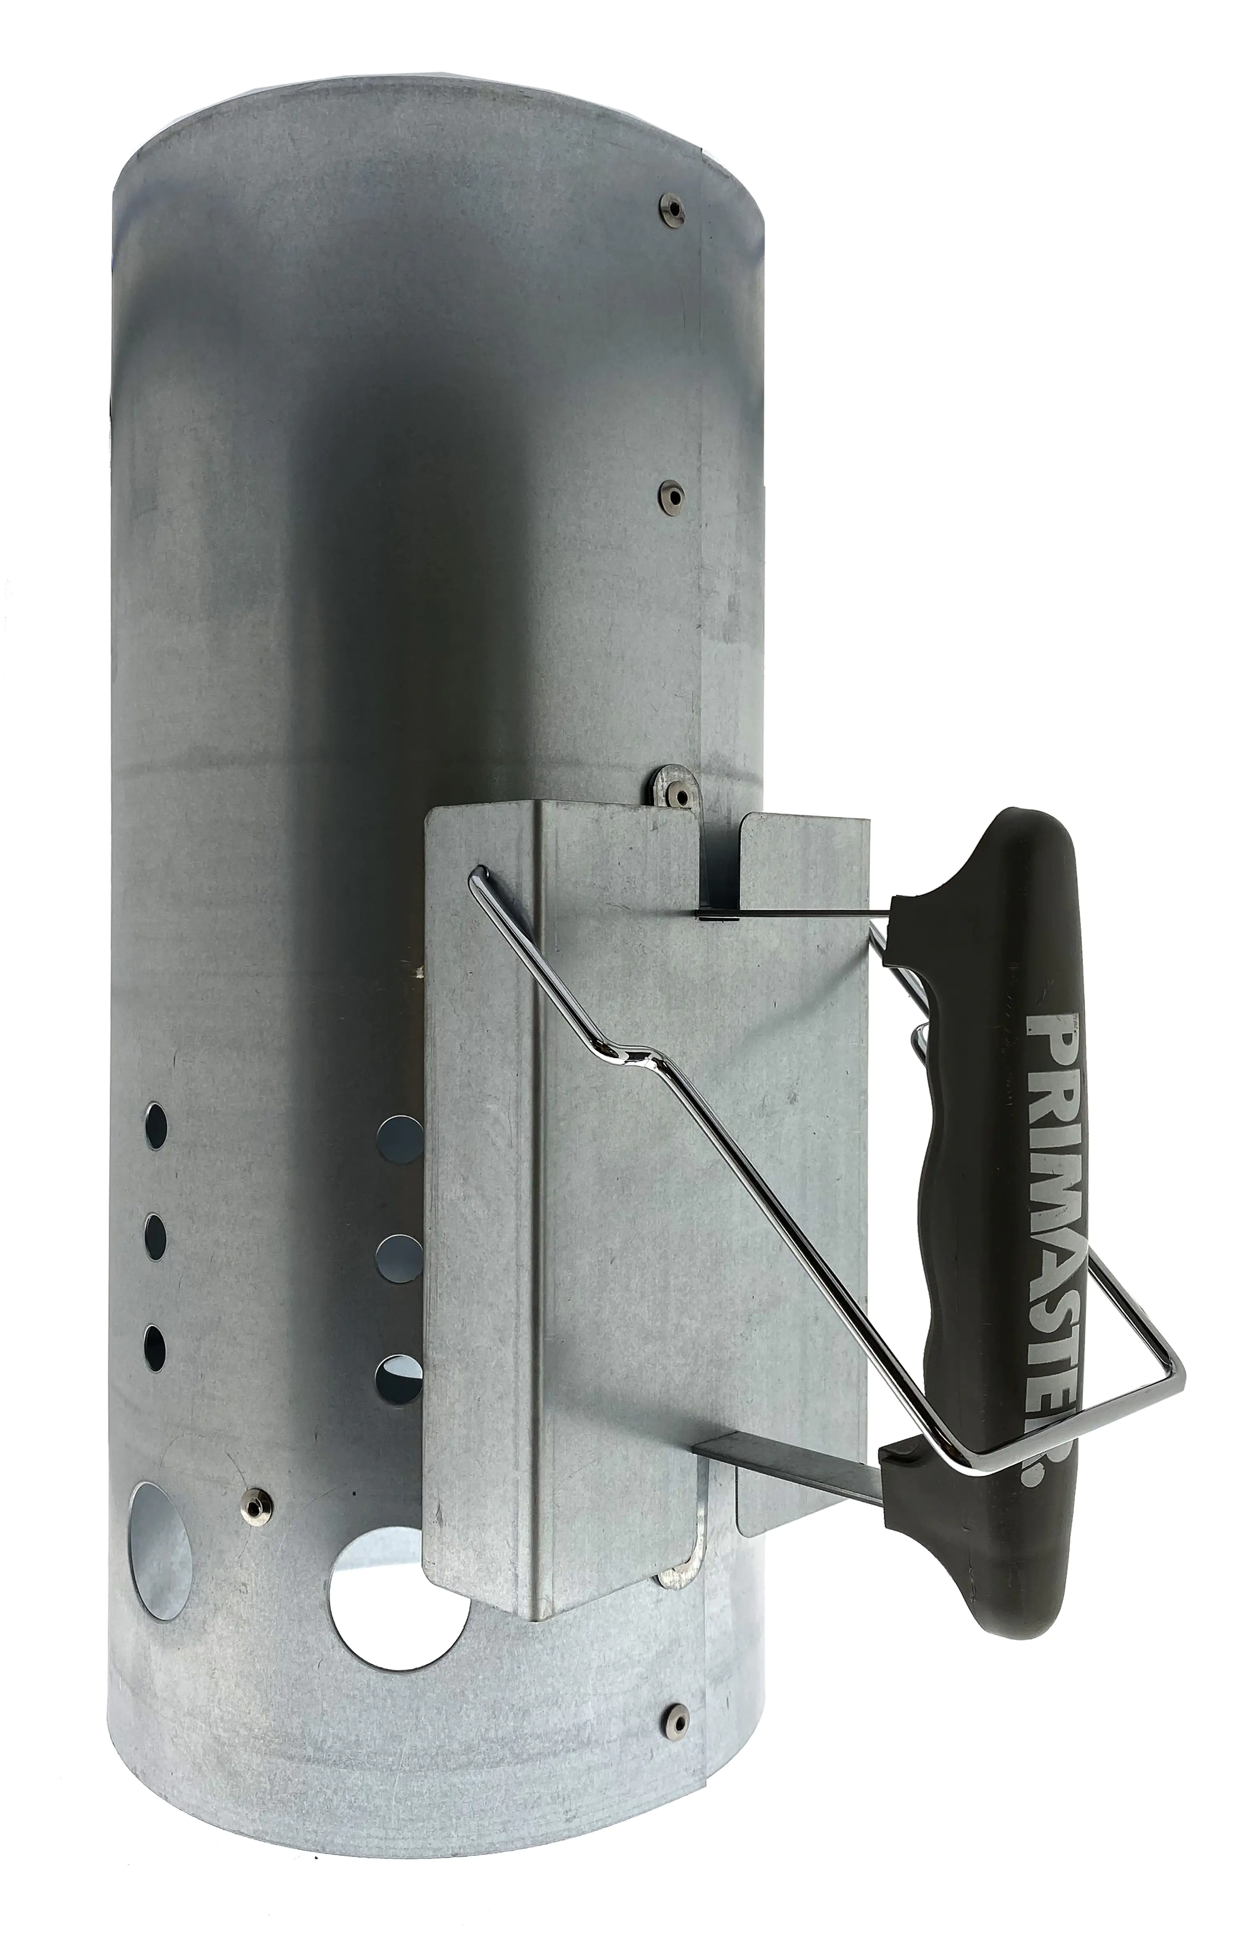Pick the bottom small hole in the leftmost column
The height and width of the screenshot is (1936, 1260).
155,1346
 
